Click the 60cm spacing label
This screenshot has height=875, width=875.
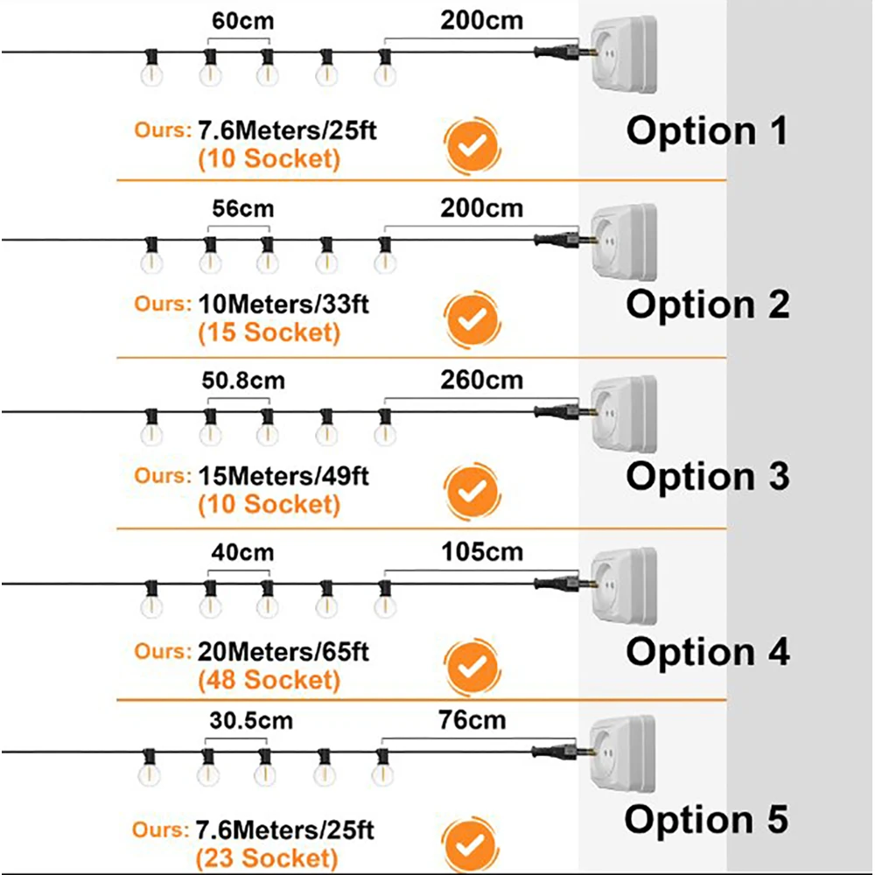click(x=239, y=19)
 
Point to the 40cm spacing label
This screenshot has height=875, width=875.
click(x=242, y=553)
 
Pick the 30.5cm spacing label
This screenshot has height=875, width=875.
click(x=251, y=721)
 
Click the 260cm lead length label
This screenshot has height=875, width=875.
click(x=483, y=381)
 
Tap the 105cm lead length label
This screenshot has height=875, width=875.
click(x=483, y=552)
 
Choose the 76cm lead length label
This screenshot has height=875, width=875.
click(x=472, y=720)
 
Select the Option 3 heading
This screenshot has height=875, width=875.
click(x=708, y=476)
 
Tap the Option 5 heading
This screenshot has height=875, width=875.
click(x=706, y=820)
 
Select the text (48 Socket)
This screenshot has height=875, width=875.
click(x=269, y=679)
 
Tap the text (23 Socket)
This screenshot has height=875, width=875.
click(x=268, y=857)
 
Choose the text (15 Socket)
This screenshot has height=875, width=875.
click(x=269, y=332)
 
